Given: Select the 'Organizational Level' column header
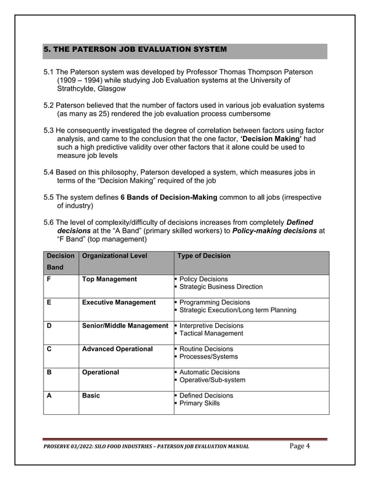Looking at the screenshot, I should click(115, 256).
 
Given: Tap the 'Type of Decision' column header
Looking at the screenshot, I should click(204, 256).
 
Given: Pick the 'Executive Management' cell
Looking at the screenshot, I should click(119, 302).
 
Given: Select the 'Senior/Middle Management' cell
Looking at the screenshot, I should click(125, 325).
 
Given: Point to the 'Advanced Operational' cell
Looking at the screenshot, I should click(117, 349).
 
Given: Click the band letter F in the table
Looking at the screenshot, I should click(49, 279).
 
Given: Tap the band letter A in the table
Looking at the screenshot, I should click(49, 395).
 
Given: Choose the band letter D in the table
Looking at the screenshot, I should click(50, 325).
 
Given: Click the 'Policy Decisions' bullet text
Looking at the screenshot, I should click(204, 279).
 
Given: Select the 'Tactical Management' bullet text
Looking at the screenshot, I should click(211, 334).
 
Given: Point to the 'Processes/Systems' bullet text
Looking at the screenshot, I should click(209, 357).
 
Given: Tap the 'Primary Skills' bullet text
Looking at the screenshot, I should click(199, 403).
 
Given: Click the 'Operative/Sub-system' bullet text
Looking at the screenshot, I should click(212, 380).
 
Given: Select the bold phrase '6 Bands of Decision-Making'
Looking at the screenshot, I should click(169, 198).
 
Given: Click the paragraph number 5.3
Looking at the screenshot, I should click(49, 131).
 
